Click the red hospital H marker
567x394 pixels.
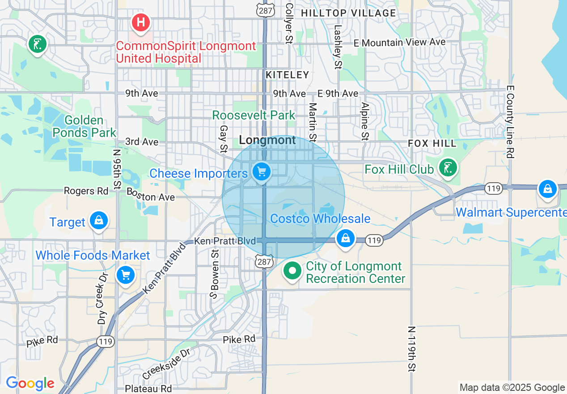[140, 21]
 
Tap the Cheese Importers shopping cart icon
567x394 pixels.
[262, 171]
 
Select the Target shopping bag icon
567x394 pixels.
[99, 220]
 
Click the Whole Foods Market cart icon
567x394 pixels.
[125, 275]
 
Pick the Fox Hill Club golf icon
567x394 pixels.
[448, 167]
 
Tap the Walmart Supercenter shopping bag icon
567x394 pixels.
[547, 189]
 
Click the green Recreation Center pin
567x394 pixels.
[293, 270]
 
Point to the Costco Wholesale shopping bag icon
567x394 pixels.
[346, 238]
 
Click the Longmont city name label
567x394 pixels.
[267, 140]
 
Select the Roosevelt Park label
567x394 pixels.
[254, 115]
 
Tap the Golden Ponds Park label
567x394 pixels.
[85, 126]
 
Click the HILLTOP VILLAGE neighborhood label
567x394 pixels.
[348, 13]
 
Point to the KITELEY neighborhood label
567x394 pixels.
[288, 75]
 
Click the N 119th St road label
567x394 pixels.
[411, 349]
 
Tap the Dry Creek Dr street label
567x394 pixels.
[103, 297]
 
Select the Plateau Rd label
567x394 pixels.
[148, 388]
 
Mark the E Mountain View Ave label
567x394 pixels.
[399, 43]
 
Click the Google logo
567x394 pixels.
[30, 383]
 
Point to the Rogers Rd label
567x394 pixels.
[86, 191]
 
